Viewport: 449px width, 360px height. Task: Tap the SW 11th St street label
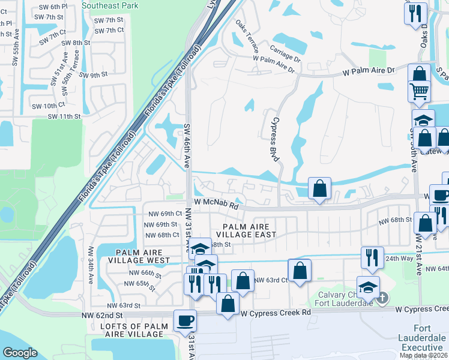coord(64,116)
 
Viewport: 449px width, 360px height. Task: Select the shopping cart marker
coord(420,91)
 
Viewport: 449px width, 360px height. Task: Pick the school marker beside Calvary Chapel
coord(368,286)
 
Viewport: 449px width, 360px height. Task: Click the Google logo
coord(20,352)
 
